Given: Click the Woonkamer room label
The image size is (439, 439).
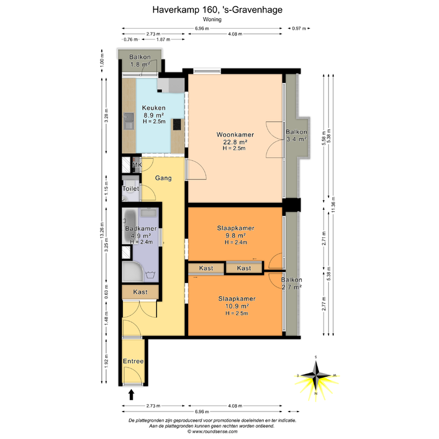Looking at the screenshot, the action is [235, 135].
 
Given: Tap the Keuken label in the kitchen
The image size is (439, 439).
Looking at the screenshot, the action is [154, 108].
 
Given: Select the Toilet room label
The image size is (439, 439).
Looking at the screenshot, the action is [131, 189].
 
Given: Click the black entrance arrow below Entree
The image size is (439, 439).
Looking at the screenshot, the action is [131, 395].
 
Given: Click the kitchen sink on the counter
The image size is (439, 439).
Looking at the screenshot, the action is [129, 121].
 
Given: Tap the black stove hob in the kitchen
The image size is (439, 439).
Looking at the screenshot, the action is [177, 125].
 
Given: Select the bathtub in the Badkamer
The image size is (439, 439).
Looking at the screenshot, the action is [130, 226].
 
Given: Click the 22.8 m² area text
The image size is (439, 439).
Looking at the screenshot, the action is [235, 142].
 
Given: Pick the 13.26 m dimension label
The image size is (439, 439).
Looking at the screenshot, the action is [102, 230].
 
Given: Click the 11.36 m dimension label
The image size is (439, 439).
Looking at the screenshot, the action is [333, 205].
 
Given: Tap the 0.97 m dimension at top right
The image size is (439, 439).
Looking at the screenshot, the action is [299, 28].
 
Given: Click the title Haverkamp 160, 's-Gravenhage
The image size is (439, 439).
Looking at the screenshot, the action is [217, 10].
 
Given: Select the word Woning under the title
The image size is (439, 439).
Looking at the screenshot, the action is [212, 19].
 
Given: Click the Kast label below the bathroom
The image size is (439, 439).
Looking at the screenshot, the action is [140, 292].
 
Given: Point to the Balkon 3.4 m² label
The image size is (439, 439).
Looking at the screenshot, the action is [296, 135].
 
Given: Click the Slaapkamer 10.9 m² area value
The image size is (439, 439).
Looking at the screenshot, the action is [237, 306].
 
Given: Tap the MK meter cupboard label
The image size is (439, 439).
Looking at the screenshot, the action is [137, 165].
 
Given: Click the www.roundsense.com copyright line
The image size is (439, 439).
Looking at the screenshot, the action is [212, 432].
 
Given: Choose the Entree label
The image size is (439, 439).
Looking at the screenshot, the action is [133, 361].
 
